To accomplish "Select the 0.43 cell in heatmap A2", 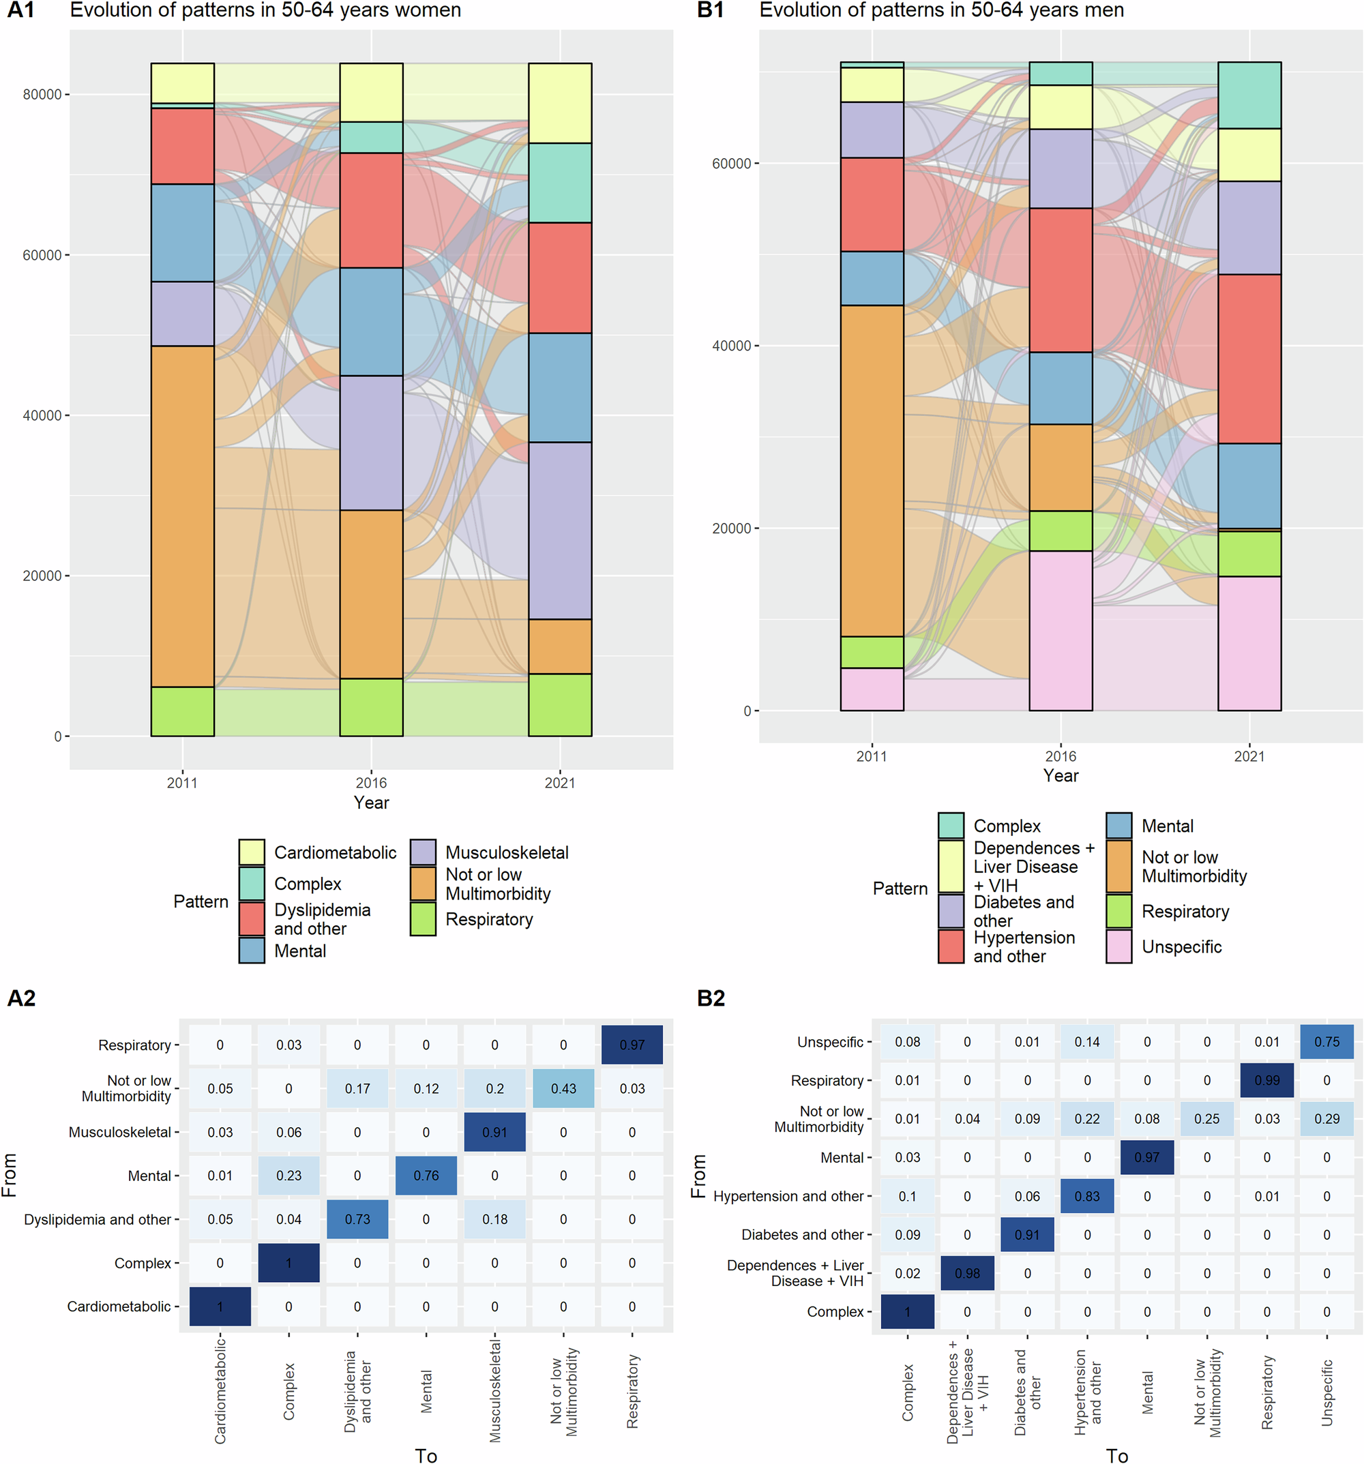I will pyautogui.click(x=563, y=1088).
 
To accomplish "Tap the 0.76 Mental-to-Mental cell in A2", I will pyautogui.click(x=426, y=1176).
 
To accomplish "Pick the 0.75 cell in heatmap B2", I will pyautogui.click(x=1326, y=1041).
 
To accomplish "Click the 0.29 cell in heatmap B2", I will pyautogui.click(x=1326, y=1118).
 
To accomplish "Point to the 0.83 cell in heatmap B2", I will pyautogui.click(x=1086, y=1196).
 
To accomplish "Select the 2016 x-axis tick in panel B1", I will pyautogui.click(x=1060, y=756).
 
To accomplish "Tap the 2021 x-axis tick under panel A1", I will pyautogui.click(x=560, y=783).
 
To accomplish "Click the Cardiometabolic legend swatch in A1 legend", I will pyautogui.click(x=251, y=852).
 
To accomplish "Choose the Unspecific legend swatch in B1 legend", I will pyautogui.click(x=1118, y=946).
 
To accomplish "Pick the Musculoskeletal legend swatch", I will pyautogui.click(x=423, y=852).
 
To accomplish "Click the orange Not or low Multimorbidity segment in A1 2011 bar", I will pyautogui.click(x=182, y=516).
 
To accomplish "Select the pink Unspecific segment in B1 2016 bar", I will pyautogui.click(x=1060, y=630).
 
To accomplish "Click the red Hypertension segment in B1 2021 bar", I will pyautogui.click(x=1249, y=358).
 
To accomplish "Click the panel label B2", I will pyautogui.click(x=711, y=998).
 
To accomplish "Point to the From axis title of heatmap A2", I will pyautogui.click(x=10, y=1175).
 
